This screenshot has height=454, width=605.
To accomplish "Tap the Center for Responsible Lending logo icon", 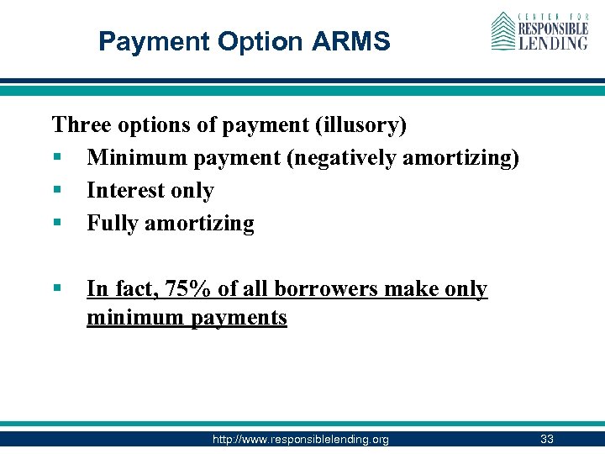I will point(502,31).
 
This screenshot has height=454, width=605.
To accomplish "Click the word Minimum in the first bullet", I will point(134,158).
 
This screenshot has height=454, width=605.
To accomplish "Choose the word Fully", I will point(113,224).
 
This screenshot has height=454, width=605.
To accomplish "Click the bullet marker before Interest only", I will point(57,192).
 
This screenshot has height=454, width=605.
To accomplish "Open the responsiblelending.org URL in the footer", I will point(301,439).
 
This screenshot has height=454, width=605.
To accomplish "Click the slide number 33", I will point(547,439).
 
